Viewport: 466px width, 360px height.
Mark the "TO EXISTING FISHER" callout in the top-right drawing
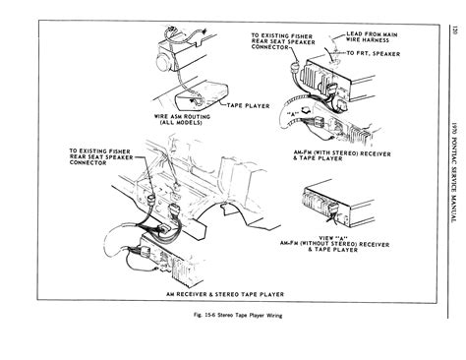tap(281, 35)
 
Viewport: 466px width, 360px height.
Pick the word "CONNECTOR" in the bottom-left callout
tap(67, 165)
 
